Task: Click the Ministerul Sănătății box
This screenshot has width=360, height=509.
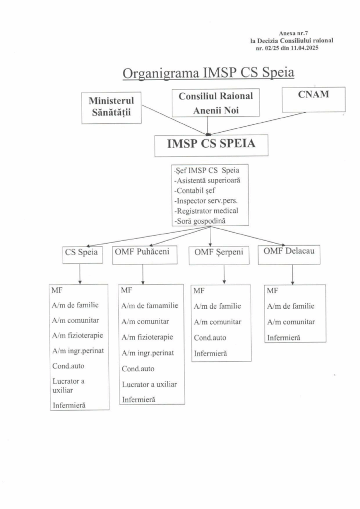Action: coord(111,108)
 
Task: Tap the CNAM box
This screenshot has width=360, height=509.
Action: coord(313,99)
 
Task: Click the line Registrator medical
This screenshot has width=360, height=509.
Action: coord(206,210)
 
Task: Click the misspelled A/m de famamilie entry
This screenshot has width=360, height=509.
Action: coord(150,306)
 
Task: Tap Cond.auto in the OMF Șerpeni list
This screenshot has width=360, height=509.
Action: coord(210,338)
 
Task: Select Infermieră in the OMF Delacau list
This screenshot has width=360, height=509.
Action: coord(283,338)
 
